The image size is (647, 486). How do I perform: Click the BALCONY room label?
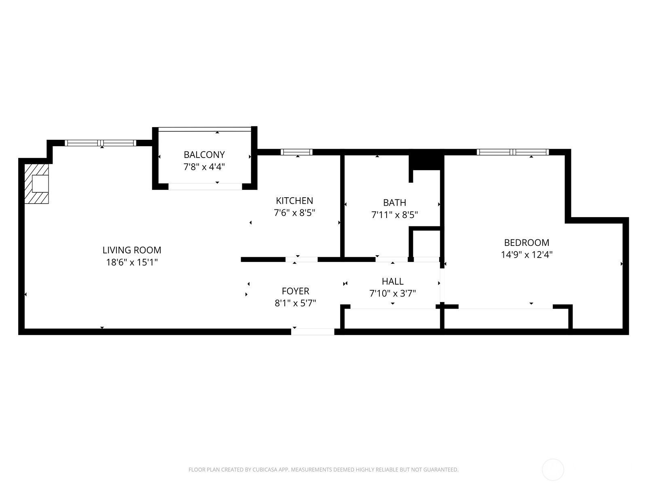coord(204,155)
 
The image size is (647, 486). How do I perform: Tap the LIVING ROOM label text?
coord(132,250)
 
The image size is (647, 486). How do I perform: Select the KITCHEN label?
coord(294,200)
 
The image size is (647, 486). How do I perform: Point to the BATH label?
coord(394,203)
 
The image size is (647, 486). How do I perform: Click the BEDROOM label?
coord(526,243)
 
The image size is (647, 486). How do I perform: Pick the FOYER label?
coord(295,291)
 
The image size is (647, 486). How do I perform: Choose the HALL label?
coord(393,281)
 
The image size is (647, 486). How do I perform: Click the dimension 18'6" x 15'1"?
coord(132,262)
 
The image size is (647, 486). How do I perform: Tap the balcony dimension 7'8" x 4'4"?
coord(204,167)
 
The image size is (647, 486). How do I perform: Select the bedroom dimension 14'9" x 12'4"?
coord(526,255)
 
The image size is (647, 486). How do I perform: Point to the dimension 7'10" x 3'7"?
coord(393,293)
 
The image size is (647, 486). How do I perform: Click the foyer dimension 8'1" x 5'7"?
coord(295,303)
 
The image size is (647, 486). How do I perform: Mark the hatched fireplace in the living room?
coord(36,184)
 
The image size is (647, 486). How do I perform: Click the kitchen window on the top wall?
coord(296,152)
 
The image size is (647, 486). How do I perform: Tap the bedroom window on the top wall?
coord(513,152)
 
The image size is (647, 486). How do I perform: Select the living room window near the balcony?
coord(100,143)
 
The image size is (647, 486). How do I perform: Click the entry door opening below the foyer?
coord(313,332)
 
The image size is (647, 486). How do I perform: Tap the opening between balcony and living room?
coord(205,186)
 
